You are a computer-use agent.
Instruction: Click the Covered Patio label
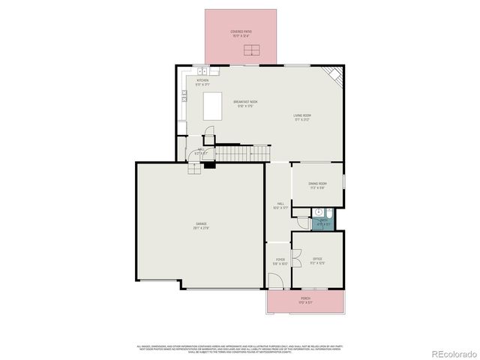241,33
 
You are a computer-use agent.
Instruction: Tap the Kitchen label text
202,82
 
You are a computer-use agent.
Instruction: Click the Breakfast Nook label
245,103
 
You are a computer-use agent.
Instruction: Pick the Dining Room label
317,184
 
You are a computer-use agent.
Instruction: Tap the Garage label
201,225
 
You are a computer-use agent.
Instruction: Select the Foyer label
279,260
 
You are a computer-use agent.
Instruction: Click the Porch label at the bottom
305,300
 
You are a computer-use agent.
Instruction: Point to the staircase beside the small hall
241,153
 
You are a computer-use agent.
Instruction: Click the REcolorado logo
451,353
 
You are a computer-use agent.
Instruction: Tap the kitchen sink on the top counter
204,71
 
